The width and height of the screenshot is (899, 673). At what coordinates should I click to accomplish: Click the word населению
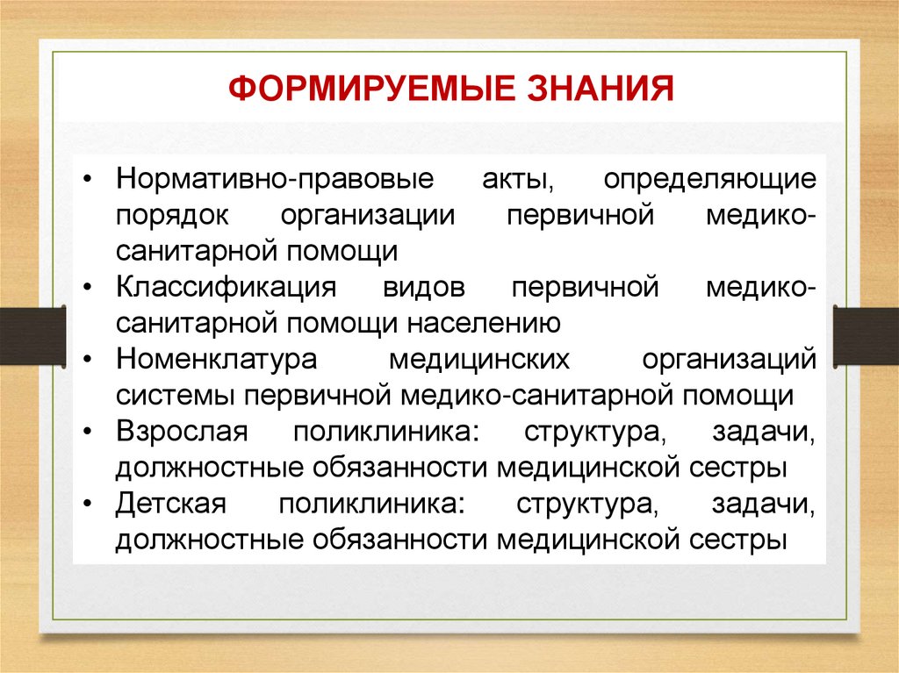tap(483, 324)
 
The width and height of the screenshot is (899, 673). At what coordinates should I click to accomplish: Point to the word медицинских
tap(480, 360)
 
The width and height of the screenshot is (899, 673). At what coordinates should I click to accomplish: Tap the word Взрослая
tap(183, 432)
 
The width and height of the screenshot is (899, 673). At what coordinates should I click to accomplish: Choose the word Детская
tap(171, 504)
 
